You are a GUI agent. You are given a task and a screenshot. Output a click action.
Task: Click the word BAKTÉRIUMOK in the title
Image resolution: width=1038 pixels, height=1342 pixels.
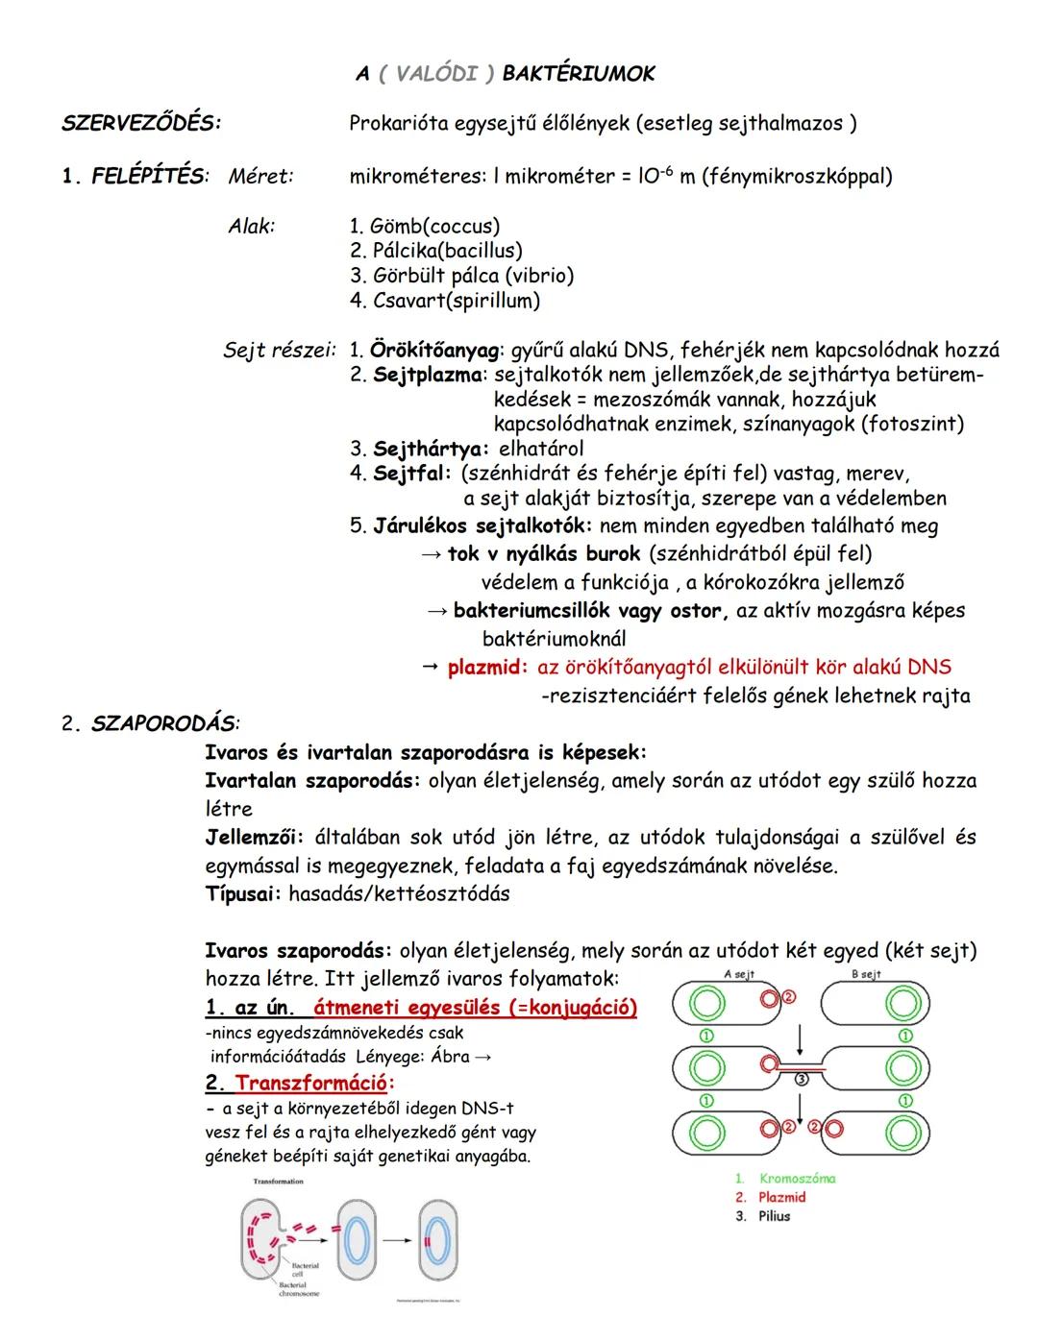click(579, 74)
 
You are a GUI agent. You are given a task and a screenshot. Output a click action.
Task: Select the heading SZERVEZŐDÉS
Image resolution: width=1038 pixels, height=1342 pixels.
click(140, 123)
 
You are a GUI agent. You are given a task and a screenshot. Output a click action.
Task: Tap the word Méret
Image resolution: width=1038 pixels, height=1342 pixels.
click(260, 176)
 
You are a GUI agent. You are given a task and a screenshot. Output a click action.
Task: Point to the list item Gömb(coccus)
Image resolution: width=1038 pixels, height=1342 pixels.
click(425, 227)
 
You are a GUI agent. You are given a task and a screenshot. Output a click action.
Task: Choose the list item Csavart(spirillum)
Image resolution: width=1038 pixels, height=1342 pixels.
click(445, 301)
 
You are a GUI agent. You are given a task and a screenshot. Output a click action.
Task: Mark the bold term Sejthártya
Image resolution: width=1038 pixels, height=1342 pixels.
click(431, 449)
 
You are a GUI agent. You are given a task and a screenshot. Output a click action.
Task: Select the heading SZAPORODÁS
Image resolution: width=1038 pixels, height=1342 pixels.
click(164, 723)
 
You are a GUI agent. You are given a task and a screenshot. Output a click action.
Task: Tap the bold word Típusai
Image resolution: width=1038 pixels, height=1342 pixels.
click(243, 893)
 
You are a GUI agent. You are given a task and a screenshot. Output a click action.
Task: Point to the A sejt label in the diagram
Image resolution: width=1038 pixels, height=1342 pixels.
click(737, 974)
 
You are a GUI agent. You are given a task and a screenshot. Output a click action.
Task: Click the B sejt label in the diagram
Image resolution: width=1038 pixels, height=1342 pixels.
click(867, 974)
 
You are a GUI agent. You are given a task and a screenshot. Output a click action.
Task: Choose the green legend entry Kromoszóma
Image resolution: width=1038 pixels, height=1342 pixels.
click(797, 1178)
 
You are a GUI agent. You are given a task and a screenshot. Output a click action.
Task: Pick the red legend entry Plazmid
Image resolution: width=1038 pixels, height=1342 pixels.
click(781, 1197)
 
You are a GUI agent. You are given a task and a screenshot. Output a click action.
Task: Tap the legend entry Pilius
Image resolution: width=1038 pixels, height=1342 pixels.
click(774, 1216)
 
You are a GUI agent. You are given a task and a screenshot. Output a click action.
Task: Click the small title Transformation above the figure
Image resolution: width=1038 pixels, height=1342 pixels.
click(278, 1182)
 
